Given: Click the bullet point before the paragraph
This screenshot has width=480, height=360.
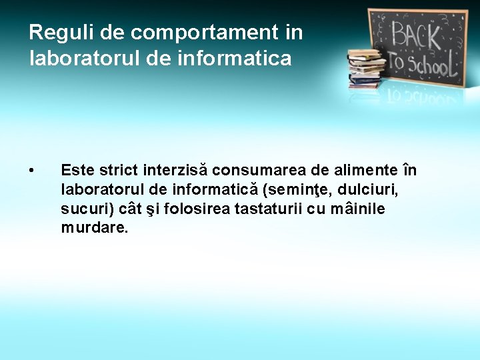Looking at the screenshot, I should (x=33, y=172).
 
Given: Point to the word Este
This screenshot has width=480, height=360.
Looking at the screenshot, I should (x=77, y=171).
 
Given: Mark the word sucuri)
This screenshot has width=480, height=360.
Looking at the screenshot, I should (x=87, y=209).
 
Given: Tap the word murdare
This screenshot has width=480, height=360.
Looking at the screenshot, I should (x=93, y=228).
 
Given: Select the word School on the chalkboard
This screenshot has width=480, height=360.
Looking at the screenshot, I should (x=430, y=64).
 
